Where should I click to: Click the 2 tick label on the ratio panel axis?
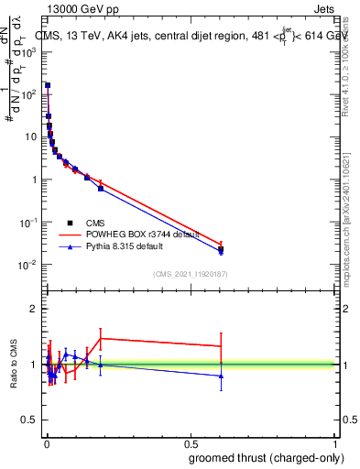click(x=34, y=309)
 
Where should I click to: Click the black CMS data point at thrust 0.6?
click(x=221, y=248)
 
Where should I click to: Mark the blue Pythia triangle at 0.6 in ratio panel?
click(x=221, y=376)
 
